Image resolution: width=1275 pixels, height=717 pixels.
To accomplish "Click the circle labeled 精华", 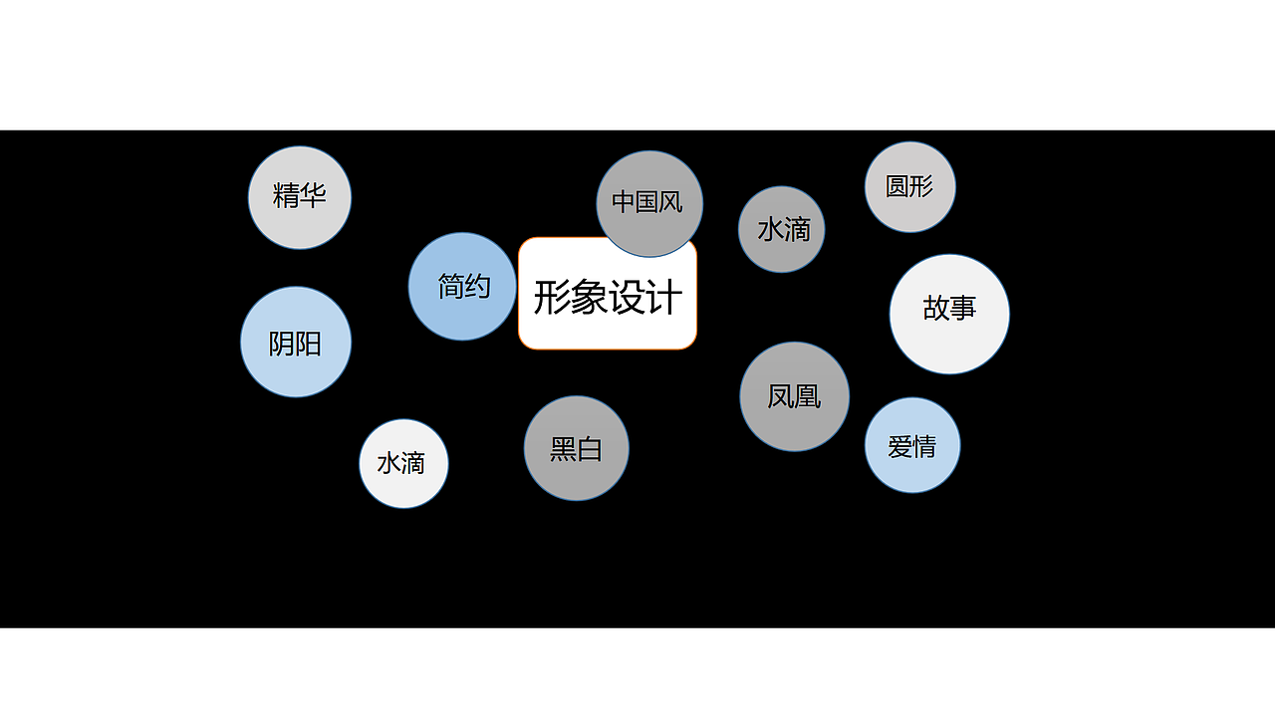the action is [300, 197].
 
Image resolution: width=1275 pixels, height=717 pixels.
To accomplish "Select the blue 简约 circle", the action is [462, 287].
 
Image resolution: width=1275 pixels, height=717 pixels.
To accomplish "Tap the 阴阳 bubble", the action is [296, 343].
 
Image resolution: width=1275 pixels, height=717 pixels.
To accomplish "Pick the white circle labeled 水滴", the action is [403, 463].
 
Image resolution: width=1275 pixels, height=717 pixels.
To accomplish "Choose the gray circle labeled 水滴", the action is [782, 229].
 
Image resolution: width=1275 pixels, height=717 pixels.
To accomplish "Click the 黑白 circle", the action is [577, 448].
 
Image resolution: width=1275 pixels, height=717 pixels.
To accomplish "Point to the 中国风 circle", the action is [649, 203].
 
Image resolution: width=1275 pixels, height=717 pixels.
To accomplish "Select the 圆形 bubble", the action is [910, 187].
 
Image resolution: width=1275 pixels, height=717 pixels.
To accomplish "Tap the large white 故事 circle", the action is [949, 314].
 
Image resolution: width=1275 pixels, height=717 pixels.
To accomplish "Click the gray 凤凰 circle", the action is [794, 396].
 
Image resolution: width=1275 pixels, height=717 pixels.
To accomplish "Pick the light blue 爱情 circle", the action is [912, 445].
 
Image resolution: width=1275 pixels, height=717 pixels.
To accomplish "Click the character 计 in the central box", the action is [664, 297].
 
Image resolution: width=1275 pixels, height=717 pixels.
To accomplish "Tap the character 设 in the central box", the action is [627, 297].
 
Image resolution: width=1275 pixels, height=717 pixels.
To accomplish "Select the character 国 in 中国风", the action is [647, 202].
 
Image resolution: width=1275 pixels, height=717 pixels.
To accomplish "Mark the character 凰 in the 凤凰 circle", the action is [808, 396].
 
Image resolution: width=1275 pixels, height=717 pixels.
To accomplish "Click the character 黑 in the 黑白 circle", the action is [564, 449].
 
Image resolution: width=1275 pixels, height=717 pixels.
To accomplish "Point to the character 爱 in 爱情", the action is [899, 446].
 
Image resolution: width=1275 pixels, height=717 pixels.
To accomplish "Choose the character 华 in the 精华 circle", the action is [313, 194].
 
